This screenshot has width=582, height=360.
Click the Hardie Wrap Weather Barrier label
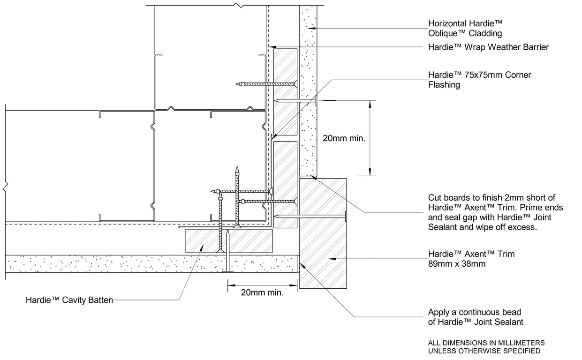pyautogui.click(x=488, y=47)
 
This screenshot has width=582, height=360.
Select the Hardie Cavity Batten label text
pyautogui.click(x=69, y=300)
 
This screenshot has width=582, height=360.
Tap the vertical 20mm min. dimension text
pyautogui.click(x=344, y=138)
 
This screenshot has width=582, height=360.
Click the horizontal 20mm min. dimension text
pyautogui.click(x=262, y=292)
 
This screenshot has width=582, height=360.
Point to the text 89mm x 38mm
pyautogui.click(x=457, y=264)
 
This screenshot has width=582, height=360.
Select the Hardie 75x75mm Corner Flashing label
pyautogui.click(x=479, y=80)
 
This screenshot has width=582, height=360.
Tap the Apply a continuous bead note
pyautogui.click(x=475, y=317)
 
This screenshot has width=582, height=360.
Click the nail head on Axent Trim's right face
pyautogui.click(x=346, y=216)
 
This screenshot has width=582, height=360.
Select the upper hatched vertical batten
pyautogui.click(x=285, y=91)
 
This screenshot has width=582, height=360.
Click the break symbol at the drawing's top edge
pyautogui.click(x=240, y=6)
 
